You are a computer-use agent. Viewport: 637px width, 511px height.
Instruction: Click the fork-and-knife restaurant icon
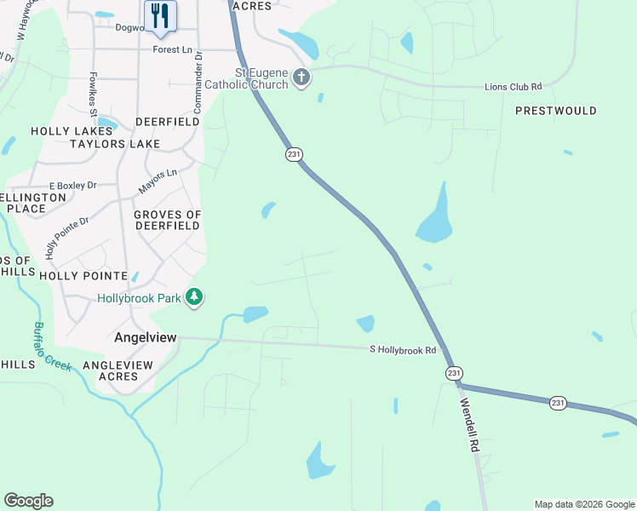click(160, 15)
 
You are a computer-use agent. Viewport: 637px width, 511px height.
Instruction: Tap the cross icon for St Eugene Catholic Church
click(301, 78)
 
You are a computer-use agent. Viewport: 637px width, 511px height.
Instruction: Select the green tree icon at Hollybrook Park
click(196, 296)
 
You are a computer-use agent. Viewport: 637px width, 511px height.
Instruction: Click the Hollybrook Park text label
click(140, 298)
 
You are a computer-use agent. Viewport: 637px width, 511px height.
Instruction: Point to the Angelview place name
click(146, 337)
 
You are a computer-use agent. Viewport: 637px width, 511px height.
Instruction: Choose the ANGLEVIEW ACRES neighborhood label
click(118, 370)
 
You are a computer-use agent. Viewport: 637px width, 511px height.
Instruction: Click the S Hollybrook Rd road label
click(403, 349)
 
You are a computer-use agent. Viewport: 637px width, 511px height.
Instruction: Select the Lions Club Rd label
click(514, 87)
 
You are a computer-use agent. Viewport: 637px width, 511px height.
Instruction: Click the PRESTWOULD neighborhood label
click(555, 111)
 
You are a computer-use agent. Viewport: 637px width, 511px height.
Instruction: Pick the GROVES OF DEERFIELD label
click(167, 220)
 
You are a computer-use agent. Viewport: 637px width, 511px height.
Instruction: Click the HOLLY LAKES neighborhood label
click(67, 131)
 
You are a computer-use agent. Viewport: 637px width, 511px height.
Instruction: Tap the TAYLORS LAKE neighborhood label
click(115, 144)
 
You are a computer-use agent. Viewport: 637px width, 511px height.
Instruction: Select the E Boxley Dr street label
click(72, 185)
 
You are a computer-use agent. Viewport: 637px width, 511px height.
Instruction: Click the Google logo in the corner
click(28, 500)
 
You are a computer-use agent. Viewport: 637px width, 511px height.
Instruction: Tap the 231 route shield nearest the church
click(294, 153)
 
